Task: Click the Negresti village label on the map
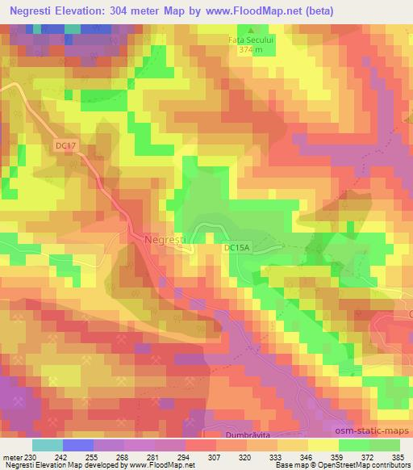coord(166,240)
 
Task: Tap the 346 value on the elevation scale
coord(296,457)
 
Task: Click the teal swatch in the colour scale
coord(48,445)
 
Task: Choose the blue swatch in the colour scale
coord(77,445)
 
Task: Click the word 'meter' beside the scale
coord(11,457)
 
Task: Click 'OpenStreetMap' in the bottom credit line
coord(336,465)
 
